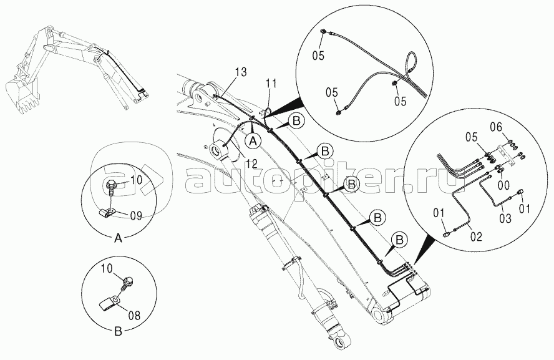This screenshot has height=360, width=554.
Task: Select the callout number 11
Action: coord(270,83)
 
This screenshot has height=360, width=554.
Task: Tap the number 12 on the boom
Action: coord(251,163)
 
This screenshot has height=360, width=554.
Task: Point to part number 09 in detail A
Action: coord(135,215)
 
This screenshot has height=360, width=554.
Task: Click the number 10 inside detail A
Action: coord(135,181)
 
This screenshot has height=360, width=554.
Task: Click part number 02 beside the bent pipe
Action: coord(476,236)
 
